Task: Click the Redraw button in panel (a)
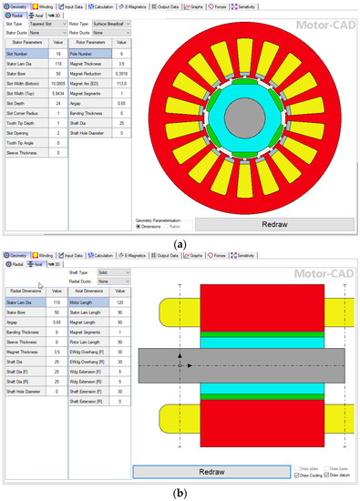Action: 273,223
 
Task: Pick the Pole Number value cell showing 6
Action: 120,54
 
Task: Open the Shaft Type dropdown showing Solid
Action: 110,271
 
